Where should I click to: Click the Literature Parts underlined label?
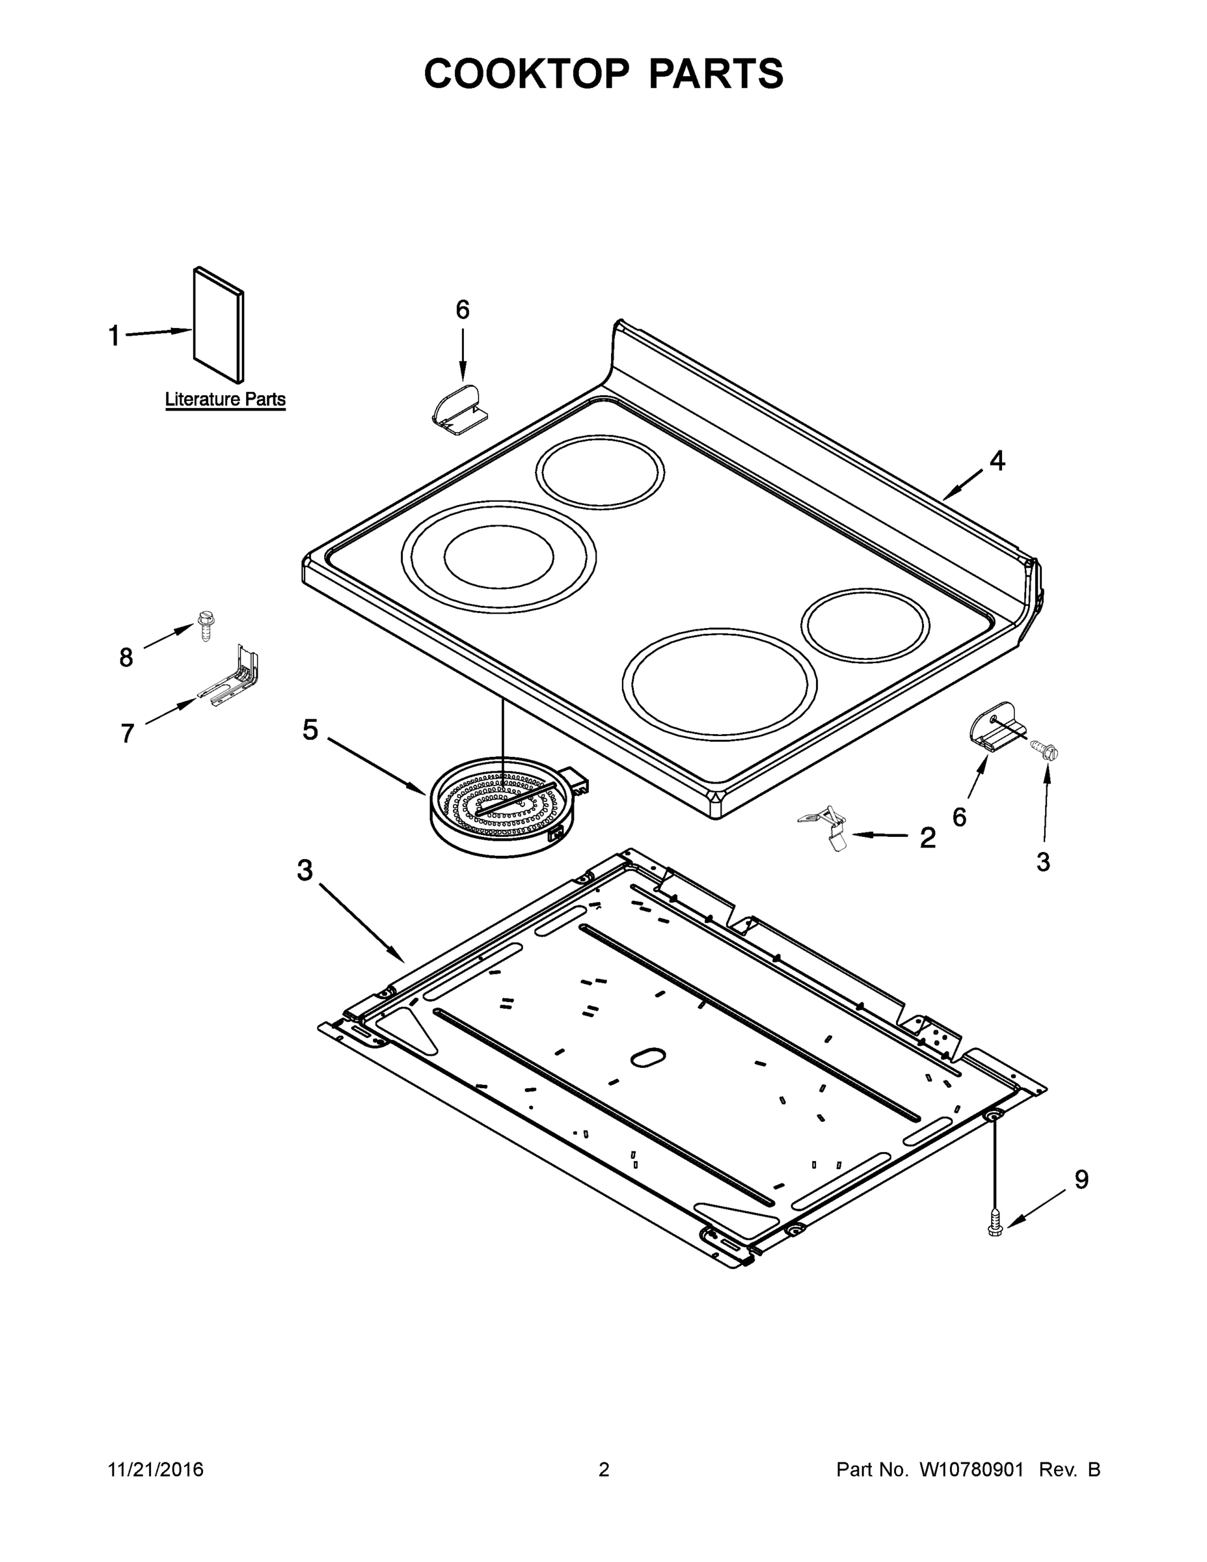pos(225,399)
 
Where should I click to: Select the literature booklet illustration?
pos(218,325)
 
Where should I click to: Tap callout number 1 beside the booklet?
pos(114,335)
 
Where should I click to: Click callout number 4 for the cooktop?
pos(997,461)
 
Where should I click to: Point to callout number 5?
pos(310,730)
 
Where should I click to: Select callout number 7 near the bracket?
pos(128,733)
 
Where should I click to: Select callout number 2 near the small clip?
pos(927,838)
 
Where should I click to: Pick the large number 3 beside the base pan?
pos(305,870)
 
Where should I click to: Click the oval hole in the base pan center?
pos(648,1058)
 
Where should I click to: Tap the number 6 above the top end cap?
pos(463,310)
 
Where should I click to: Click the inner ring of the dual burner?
pos(498,556)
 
